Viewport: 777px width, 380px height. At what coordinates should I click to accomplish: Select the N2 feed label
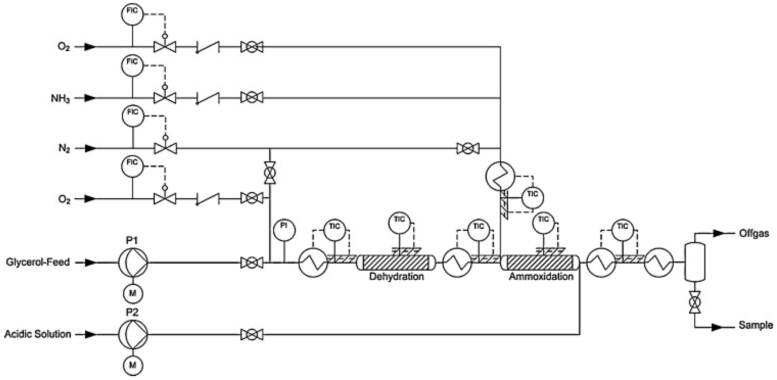tap(64, 149)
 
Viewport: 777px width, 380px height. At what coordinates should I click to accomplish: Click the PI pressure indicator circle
tap(284, 230)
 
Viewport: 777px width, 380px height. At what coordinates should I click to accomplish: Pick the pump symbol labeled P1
tap(133, 263)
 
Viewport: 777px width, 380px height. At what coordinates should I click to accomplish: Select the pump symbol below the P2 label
tap(133, 334)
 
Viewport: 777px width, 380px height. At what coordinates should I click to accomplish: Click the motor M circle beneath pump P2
tap(133, 365)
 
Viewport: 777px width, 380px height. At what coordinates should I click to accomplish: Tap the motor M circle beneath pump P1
tap(133, 293)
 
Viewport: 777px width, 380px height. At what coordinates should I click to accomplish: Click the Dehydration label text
tap(396, 276)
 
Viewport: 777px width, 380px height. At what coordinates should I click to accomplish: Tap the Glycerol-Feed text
tap(38, 262)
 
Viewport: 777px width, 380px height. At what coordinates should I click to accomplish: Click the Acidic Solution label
tap(38, 334)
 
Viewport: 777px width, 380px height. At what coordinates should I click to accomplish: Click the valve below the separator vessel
tap(695, 302)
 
